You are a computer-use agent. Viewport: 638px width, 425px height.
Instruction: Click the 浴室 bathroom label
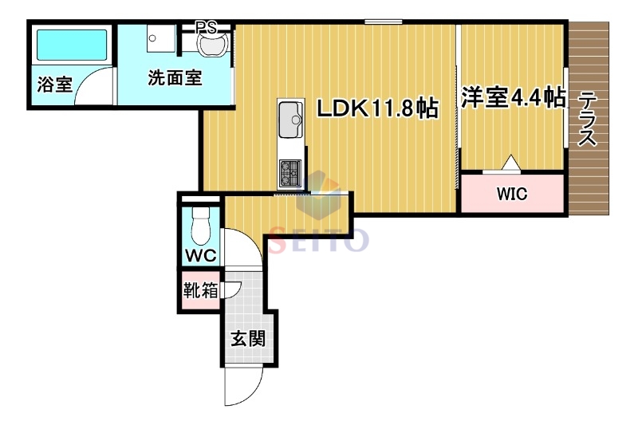[55, 84]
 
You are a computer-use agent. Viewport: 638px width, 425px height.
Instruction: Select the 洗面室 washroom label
[174, 78]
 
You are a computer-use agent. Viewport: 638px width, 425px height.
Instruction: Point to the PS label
[207, 26]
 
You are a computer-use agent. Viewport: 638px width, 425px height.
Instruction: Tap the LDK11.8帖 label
[377, 108]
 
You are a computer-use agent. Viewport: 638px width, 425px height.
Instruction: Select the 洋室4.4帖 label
[513, 98]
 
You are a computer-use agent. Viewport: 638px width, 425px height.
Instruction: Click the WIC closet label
[512, 194]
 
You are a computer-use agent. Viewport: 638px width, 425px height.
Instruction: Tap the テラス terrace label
[588, 120]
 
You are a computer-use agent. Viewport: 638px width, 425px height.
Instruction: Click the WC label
[199, 256]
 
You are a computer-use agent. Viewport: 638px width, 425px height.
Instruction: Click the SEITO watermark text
[319, 238]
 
